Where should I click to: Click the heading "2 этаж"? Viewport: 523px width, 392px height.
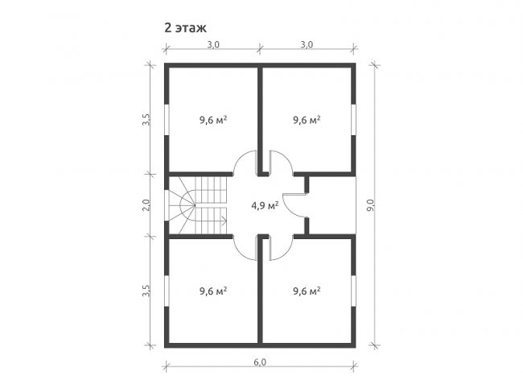[185, 28]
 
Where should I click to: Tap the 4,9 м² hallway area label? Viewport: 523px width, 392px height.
[265, 205]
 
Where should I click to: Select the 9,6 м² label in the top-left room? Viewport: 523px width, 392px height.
[213, 119]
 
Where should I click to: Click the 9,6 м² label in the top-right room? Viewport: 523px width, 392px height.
[307, 119]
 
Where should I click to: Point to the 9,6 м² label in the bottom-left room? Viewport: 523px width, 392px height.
[213, 291]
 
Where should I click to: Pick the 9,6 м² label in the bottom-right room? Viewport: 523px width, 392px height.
[307, 291]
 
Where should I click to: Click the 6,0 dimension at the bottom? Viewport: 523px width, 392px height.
[260, 362]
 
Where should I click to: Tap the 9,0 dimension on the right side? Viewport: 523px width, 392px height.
[371, 205]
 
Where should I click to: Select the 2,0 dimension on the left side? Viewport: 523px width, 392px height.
[146, 205]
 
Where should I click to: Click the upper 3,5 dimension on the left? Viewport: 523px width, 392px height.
[146, 119]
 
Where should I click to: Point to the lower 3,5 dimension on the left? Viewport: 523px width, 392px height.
[146, 291]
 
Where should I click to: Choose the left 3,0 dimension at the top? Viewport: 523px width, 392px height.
[213, 44]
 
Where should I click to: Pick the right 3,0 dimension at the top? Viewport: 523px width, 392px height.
[307, 44]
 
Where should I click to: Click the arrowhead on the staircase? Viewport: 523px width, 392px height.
[224, 221]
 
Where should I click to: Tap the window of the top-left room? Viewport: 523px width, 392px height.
[167, 120]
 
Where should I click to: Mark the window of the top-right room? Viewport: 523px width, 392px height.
[353, 120]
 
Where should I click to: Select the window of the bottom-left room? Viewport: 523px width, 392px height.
[167, 291]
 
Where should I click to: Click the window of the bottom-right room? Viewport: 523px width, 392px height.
[353, 291]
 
